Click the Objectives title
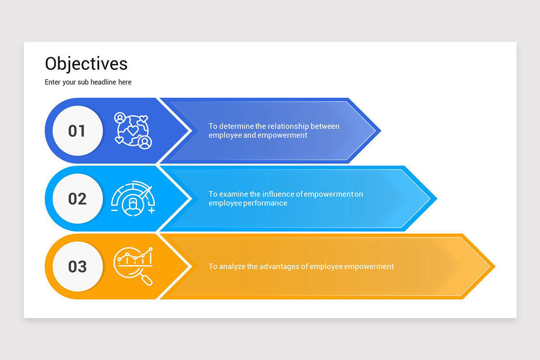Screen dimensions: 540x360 86,64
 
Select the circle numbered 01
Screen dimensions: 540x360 77,130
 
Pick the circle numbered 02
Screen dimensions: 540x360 77,199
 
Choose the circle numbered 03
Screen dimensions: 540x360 77,266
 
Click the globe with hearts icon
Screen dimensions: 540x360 133,130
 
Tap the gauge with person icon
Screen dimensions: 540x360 133,198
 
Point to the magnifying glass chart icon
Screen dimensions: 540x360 133,266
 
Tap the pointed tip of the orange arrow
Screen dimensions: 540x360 495,266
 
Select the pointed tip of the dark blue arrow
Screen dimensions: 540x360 381,130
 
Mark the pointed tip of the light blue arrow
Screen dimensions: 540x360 437,199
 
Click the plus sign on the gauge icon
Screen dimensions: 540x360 151,211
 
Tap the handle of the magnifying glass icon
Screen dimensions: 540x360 147,280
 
